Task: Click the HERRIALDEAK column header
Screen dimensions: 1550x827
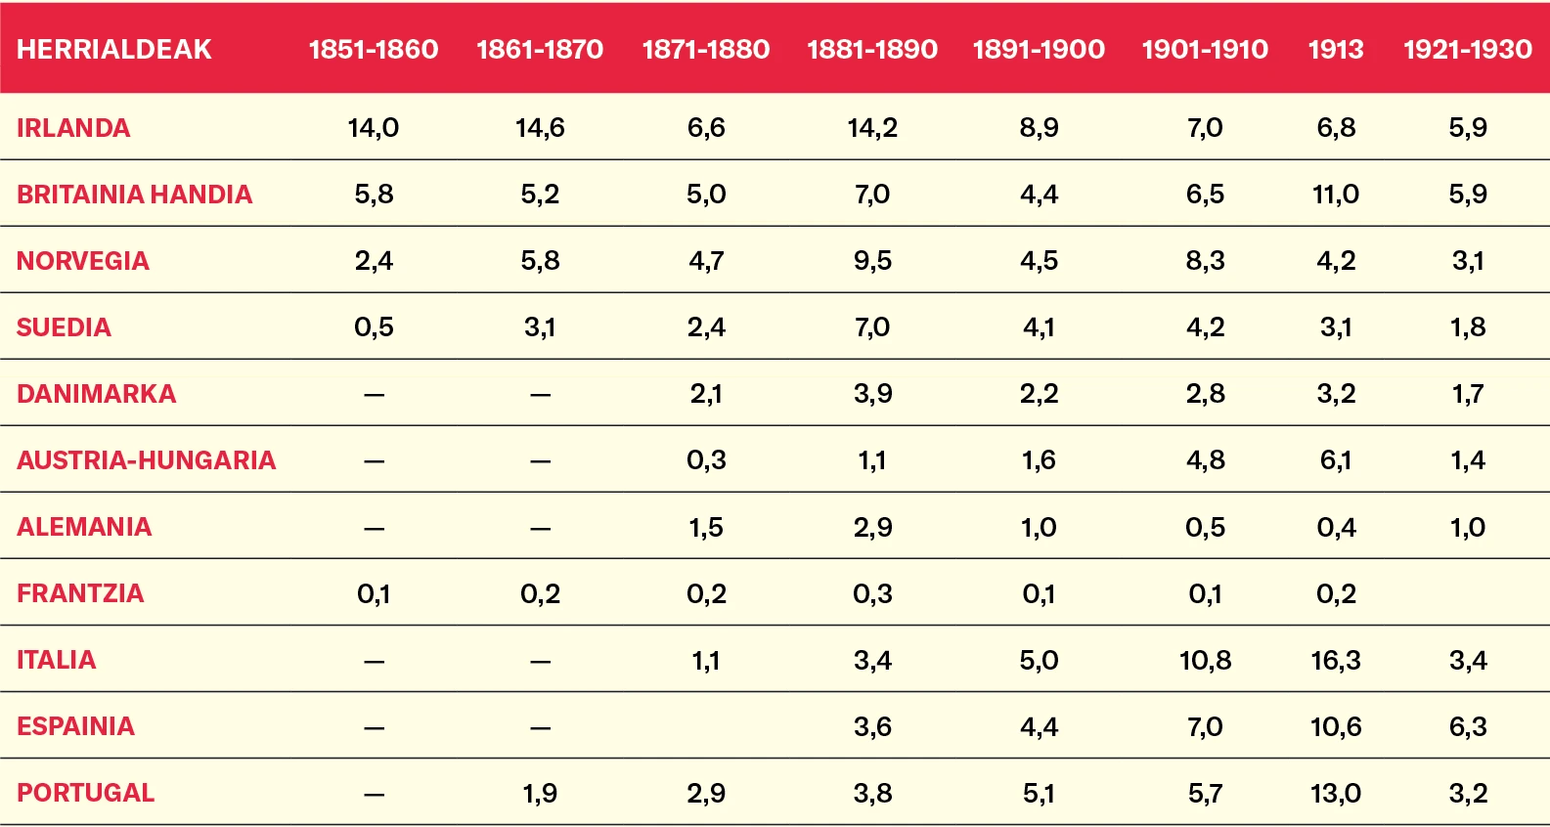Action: click(x=114, y=49)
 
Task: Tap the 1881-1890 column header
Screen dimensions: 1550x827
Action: click(x=872, y=49)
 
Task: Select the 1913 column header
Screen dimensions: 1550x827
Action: click(x=1336, y=49)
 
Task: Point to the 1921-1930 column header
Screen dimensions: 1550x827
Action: click(x=1468, y=49)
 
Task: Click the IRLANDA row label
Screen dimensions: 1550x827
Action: click(x=73, y=128)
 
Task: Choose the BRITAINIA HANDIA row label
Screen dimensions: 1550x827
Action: click(x=134, y=195)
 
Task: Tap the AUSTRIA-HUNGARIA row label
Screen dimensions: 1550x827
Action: click(x=146, y=460)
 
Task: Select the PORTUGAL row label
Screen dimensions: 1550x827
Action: click(x=85, y=793)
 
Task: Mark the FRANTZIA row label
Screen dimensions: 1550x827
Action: click(x=80, y=593)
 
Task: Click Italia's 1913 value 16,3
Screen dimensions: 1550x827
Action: click(x=1336, y=661)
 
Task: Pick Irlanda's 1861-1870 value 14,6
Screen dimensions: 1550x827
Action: click(x=540, y=128)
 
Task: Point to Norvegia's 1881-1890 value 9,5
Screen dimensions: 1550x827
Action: click(x=872, y=261)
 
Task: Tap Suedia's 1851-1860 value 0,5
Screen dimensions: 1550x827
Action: click(x=374, y=327)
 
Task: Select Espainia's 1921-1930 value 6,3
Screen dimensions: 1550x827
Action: click(x=1468, y=726)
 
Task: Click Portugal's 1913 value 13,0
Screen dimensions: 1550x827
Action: click(x=1336, y=793)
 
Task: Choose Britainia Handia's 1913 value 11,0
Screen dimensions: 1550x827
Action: click(x=1336, y=195)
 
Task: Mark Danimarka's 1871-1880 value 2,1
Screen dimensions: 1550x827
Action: click(x=706, y=394)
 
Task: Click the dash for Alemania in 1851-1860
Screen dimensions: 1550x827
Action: click(x=374, y=529)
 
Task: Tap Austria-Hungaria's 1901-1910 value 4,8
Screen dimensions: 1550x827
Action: click(x=1205, y=460)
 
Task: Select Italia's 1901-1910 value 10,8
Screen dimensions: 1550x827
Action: click(x=1205, y=661)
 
